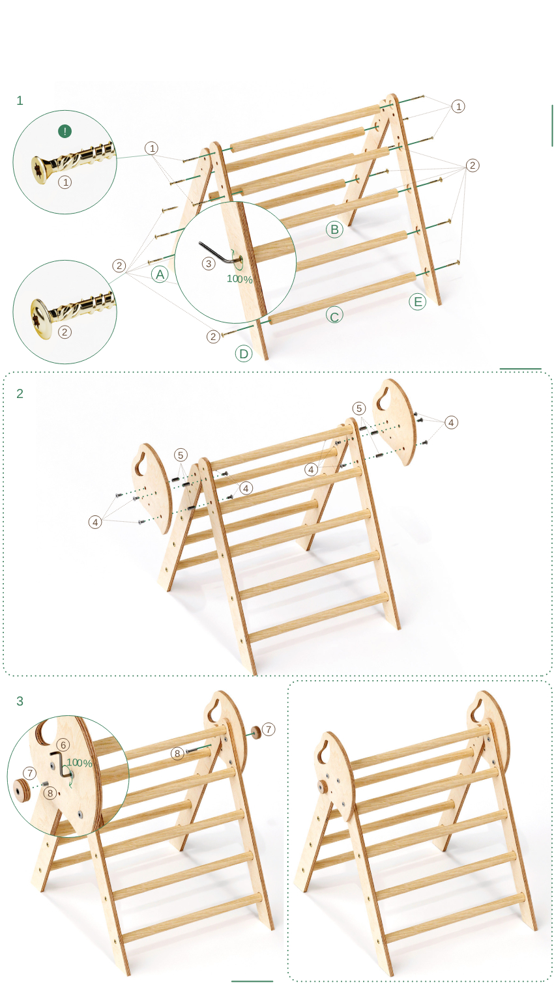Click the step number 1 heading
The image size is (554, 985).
click(20, 101)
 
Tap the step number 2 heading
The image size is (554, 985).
click(20, 393)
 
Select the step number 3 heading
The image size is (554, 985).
click(20, 701)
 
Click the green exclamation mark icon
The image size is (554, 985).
click(65, 131)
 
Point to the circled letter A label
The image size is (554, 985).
click(160, 274)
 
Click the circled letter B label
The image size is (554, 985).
click(334, 229)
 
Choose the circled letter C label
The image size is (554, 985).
click(334, 316)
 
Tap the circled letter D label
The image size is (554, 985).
click(244, 354)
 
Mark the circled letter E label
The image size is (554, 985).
click(418, 302)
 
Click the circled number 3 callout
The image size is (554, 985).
click(209, 264)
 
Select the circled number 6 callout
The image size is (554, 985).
click(63, 745)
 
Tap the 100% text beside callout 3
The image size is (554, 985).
click(239, 279)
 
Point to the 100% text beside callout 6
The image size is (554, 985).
click(80, 763)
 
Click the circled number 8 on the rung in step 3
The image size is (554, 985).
click(177, 754)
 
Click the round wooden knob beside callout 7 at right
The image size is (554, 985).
click(255, 733)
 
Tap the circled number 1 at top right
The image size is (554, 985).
click(458, 106)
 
